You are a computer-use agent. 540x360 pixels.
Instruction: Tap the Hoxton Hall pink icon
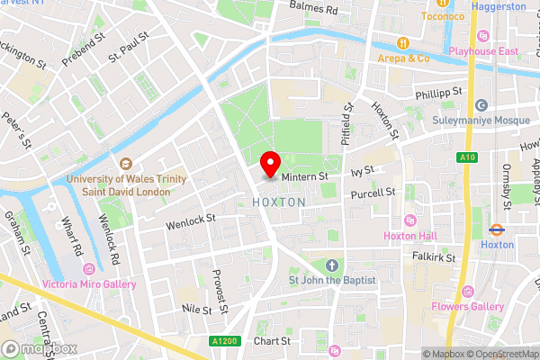(x=411, y=220)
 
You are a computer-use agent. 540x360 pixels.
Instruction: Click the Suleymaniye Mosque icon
(x=481, y=105)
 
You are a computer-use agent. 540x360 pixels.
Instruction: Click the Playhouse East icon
(x=483, y=36)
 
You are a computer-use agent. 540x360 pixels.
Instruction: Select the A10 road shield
(x=466, y=158)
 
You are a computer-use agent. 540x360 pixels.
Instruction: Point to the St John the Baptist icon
(x=332, y=265)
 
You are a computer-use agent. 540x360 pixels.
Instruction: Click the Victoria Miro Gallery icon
(x=88, y=270)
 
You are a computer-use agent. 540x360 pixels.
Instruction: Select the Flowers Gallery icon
(x=466, y=292)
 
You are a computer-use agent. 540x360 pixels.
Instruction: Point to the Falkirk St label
(x=429, y=257)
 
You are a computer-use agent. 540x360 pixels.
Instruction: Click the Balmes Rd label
(x=313, y=9)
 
